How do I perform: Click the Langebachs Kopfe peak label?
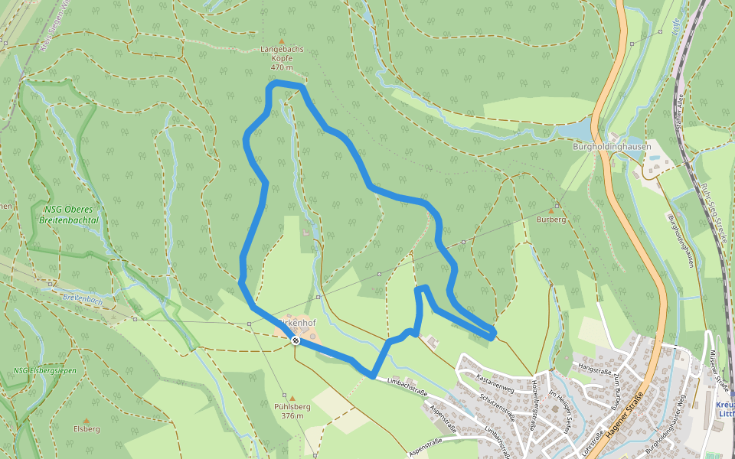click(x=281, y=49)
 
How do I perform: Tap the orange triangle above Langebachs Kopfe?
click(x=281, y=41)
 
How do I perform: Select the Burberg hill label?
click(x=550, y=220)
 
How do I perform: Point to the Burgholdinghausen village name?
click(x=612, y=146)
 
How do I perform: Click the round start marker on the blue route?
click(x=296, y=340)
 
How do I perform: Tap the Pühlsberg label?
click(x=292, y=407)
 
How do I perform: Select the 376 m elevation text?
click(x=292, y=416)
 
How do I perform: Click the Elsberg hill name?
click(x=87, y=429)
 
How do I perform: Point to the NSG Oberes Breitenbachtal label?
click(x=70, y=213)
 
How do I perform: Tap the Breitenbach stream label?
click(x=83, y=297)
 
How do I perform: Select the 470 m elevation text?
click(x=281, y=67)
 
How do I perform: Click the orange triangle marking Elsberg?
click(x=87, y=420)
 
